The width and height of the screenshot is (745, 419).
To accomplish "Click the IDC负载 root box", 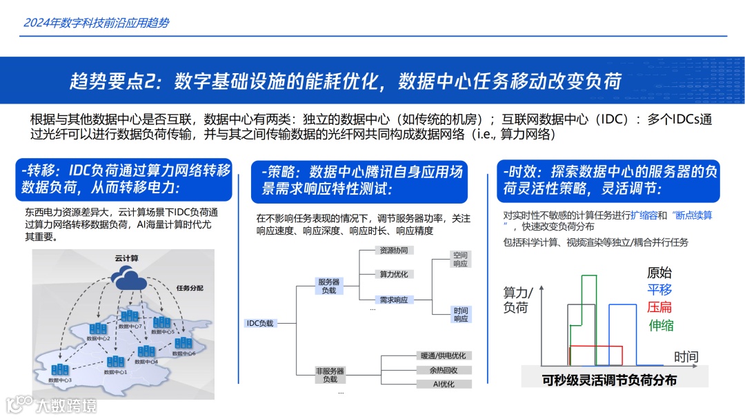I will click(x=260, y=322).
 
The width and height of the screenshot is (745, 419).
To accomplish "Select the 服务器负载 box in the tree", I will click(x=328, y=286).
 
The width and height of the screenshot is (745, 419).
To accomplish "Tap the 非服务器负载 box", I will click(x=329, y=375).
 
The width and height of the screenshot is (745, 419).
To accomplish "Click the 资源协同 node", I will click(x=393, y=250).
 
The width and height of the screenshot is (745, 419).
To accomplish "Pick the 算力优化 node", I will click(x=393, y=274).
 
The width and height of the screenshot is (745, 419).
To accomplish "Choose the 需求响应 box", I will click(x=393, y=300).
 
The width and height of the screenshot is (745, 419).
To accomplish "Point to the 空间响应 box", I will click(x=460, y=260).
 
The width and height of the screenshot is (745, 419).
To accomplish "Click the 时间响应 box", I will click(x=460, y=315).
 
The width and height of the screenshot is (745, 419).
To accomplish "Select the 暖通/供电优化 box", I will click(x=443, y=355).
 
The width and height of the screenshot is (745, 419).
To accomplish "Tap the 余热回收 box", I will click(x=443, y=370).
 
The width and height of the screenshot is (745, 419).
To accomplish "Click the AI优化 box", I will click(x=443, y=384).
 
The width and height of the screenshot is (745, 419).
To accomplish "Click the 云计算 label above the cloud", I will click(x=126, y=258).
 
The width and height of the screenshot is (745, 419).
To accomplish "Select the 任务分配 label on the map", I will click(x=190, y=287).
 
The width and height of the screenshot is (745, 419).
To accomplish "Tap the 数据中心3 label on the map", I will click(x=60, y=380).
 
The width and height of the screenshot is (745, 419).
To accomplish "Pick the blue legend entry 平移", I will click(x=659, y=290).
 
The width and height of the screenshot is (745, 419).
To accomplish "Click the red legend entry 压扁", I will click(x=659, y=307).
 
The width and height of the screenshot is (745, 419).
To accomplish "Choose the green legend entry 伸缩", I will click(x=661, y=325).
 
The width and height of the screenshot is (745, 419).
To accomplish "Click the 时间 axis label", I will click(x=686, y=357).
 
